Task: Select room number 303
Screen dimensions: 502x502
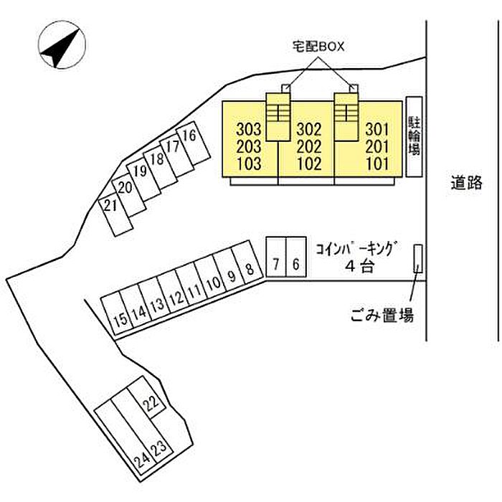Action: (249, 130)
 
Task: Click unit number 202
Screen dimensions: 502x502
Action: (308, 146)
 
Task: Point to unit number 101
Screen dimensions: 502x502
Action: (376, 164)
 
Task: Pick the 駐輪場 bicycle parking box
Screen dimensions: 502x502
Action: (413, 136)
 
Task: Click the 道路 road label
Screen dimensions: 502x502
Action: (467, 183)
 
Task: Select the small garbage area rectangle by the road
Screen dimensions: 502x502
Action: (417, 258)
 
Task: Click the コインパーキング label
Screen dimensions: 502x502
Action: (356, 248)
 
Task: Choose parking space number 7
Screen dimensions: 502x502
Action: (276, 265)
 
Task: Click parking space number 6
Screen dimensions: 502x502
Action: (296, 265)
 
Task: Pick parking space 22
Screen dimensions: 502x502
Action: (151, 404)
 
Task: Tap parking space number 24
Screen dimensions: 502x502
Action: (143, 456)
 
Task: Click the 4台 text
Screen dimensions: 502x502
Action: (356, 266)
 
